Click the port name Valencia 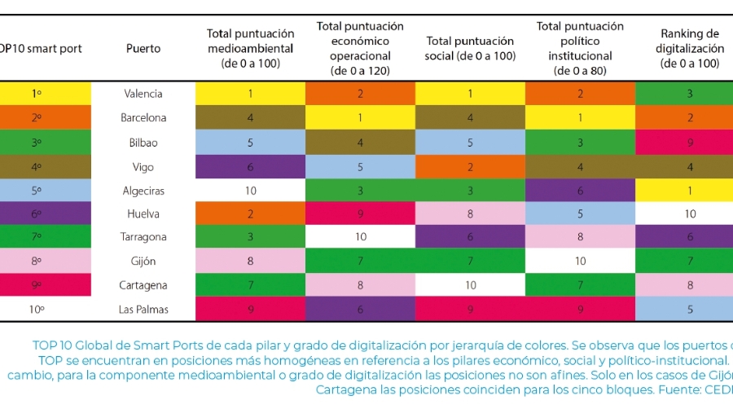click(x=143, y=94)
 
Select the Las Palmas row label click(x=143, y=309)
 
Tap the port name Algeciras click(x=143, y=191)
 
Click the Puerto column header click(x=143, y=49)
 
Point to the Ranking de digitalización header click(x=689, y=48)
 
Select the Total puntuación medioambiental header click(x=250, y=48)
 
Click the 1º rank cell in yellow click(x=37, y=94)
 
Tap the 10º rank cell click(x=37, y=309)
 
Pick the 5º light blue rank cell click(x=37, y=191)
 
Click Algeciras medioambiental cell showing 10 click(x=251, y=191)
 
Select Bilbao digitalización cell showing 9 click(x=689, y=143)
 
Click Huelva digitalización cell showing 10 click(x=689, y=214)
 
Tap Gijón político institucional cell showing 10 click(x=580, y=262)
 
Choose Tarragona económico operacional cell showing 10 click(x=360, y=237)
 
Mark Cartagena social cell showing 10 click(x=470, y=285)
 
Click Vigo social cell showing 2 click(x=470, y=167)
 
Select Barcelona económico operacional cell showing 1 click(x=360, y=117)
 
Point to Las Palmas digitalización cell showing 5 click(x=689, y=309)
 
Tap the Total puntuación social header click(x=470, y=48)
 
